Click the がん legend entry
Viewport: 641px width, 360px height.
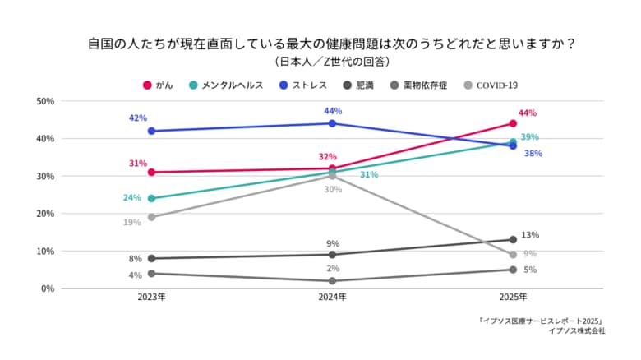(x=158, y=85)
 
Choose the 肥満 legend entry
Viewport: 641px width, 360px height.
(x=357, y=85)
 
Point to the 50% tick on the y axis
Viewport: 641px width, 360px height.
(x=45, y=101)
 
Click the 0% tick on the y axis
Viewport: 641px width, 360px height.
(x=48, y=288)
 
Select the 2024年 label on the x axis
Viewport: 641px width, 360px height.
(x=332, y=298)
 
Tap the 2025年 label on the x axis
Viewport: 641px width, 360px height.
(x=513, y=298)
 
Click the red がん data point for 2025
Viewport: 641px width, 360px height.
(x=513, y=123)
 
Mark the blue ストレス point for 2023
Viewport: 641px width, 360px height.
(x=151, y=131)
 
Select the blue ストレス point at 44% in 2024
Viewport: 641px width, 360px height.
(x=332, y=123)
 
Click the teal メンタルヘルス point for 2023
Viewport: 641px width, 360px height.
(x=151, y=198)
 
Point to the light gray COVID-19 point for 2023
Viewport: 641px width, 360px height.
(x=151, y=217)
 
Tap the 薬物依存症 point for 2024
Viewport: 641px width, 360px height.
(x=332, y=281)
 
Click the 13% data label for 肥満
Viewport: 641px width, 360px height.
(x=530, y=235)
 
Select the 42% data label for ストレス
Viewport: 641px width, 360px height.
(x=137, y=118)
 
